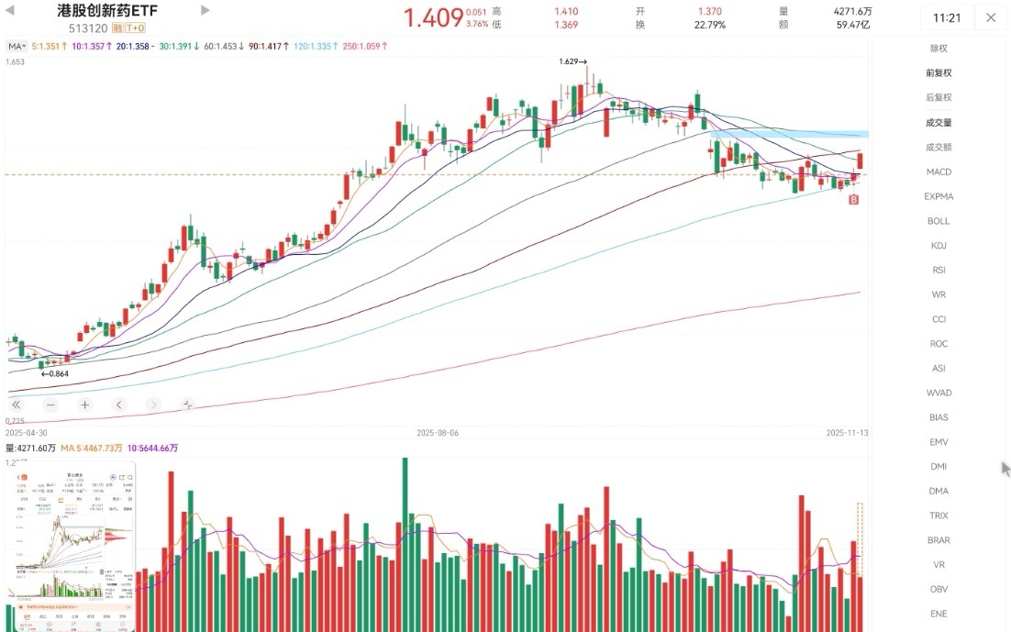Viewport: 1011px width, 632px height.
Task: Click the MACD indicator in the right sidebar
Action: coord(939,172)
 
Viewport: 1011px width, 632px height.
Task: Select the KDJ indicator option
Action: coord(939,245)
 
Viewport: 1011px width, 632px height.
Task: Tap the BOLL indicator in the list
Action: coord(939,221)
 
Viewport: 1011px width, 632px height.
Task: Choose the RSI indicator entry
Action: coord(939,270)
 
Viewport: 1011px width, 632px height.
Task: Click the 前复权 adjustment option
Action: coord(939,72)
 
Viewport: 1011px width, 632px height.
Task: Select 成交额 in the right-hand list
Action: coord(939,147)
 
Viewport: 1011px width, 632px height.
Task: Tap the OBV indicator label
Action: coord(939,589)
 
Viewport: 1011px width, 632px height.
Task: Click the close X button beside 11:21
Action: coord(991,17)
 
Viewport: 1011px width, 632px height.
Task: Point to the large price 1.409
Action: coord(434,17)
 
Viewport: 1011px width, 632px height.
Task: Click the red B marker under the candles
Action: coord(854,198)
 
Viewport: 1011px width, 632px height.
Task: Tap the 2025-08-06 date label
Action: coord(437,432)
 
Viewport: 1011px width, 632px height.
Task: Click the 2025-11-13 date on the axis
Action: coord(848,432)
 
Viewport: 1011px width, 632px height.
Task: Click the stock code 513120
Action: coord(87,28)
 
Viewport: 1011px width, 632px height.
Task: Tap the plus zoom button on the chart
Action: coord(84,405)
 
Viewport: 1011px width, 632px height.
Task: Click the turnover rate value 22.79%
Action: coord(709,25)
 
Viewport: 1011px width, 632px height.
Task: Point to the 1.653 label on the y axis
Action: coord(15,61)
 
